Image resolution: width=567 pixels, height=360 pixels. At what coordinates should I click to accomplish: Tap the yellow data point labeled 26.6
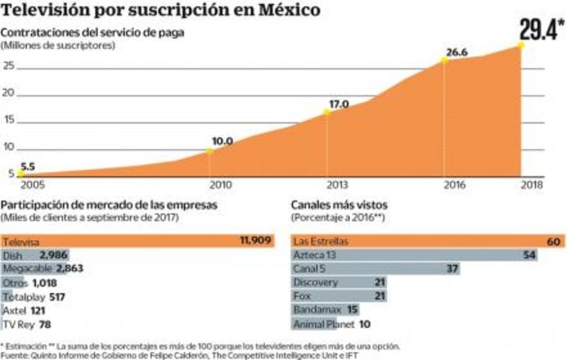click(x=445, y=59)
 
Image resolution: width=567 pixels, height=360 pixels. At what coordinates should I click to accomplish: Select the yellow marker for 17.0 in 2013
click(x=327, y=111)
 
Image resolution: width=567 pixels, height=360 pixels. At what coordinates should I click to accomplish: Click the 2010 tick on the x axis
click(x=221, y=185)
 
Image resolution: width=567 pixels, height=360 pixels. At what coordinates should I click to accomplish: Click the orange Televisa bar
click(x=137, y=241)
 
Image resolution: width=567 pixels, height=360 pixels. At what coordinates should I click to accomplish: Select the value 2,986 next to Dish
click(x=53, y=255)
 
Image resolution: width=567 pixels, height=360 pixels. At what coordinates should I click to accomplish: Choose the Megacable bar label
click(x=28, y=268)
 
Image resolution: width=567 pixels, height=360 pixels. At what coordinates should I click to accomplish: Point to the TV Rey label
click(x=18, y=325)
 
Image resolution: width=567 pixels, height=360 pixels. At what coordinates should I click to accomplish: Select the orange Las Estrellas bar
click(x=427, y=241)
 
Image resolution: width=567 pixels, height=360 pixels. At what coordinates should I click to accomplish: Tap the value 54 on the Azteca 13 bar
click(x=528, y=255)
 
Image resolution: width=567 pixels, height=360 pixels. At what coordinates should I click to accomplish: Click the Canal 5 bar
click(x=375, y=269)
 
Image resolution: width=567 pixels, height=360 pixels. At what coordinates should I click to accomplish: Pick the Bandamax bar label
click(x=317, y=311)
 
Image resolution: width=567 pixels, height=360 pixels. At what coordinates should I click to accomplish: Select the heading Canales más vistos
click(x=340, y=205)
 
